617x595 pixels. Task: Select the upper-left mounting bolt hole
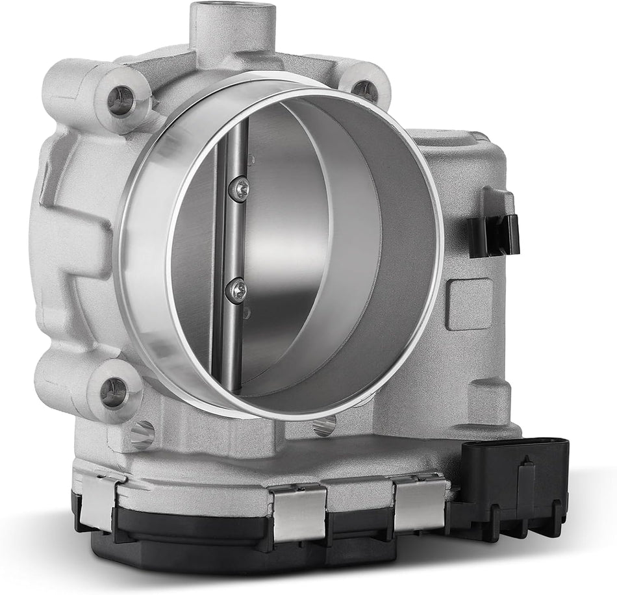click(121, 99)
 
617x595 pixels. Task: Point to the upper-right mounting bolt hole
click(365, 90)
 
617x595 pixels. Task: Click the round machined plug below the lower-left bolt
click(142, 433)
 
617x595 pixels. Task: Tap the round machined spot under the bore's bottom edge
click(323, 426)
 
